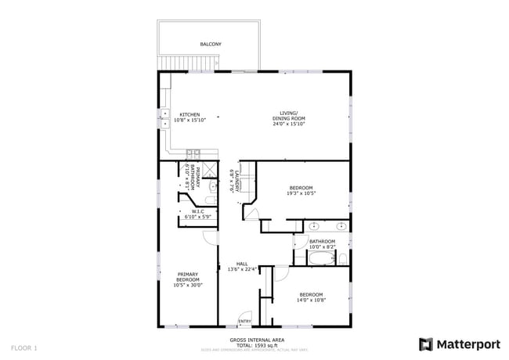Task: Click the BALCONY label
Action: tap(210, 45)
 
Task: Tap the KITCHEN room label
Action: tap(190, 114)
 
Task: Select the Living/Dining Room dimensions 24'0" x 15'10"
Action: tap(288, 124)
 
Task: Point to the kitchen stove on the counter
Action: tap(193, 153)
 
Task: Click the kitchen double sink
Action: tap(164, 118)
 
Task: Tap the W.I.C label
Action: tap(197, 211)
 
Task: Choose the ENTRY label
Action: tap(245, 321)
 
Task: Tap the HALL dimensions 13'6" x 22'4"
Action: tap(242, 269)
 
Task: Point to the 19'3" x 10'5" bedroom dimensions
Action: tap(301, 193)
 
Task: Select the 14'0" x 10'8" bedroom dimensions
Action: tap(310, 300)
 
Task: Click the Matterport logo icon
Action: tap(426, 344)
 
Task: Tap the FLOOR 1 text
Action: tap(24, 346)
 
